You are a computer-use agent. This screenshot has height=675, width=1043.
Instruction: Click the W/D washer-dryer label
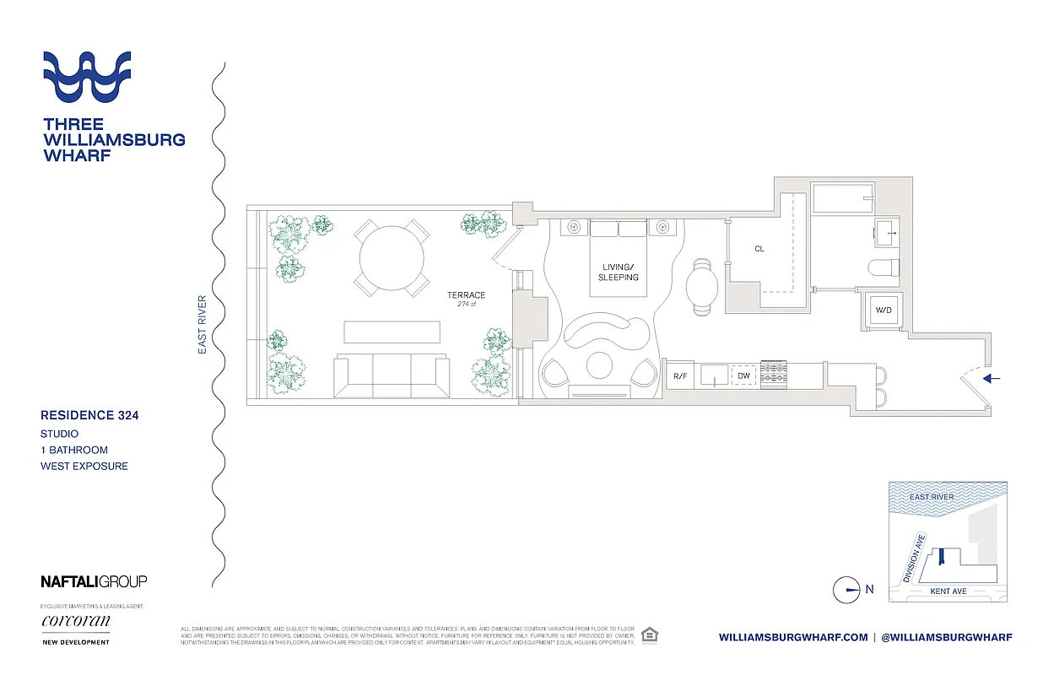pos(884,310)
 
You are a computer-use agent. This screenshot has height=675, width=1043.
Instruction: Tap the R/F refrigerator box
pos(680,375)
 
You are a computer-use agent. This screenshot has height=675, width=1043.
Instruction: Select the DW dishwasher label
pos(743,375)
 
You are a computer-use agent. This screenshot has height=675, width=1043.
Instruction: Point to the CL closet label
pos(759,249)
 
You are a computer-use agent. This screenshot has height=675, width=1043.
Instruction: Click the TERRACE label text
pos(466,295)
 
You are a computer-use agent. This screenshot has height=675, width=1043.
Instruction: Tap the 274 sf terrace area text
pos(466,305)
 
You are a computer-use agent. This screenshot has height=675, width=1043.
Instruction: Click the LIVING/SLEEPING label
pos(619,272)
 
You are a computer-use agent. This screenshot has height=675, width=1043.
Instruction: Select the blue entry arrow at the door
pos(992,379)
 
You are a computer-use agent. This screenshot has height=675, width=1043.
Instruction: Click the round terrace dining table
pos(392,258)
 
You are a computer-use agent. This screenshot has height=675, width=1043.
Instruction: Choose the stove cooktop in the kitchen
pos(774,375)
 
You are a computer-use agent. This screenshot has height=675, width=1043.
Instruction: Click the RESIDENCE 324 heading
pos(89,415)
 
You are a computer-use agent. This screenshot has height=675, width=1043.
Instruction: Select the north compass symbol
pos(846,590)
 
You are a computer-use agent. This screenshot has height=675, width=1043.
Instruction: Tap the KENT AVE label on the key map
pos(948,591)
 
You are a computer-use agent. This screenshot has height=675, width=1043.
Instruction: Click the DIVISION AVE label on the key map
pos(915,558)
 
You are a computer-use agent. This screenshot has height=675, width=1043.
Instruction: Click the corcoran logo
pos(75,622)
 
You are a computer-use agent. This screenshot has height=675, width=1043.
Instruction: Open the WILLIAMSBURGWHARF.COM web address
pos(793,637)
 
